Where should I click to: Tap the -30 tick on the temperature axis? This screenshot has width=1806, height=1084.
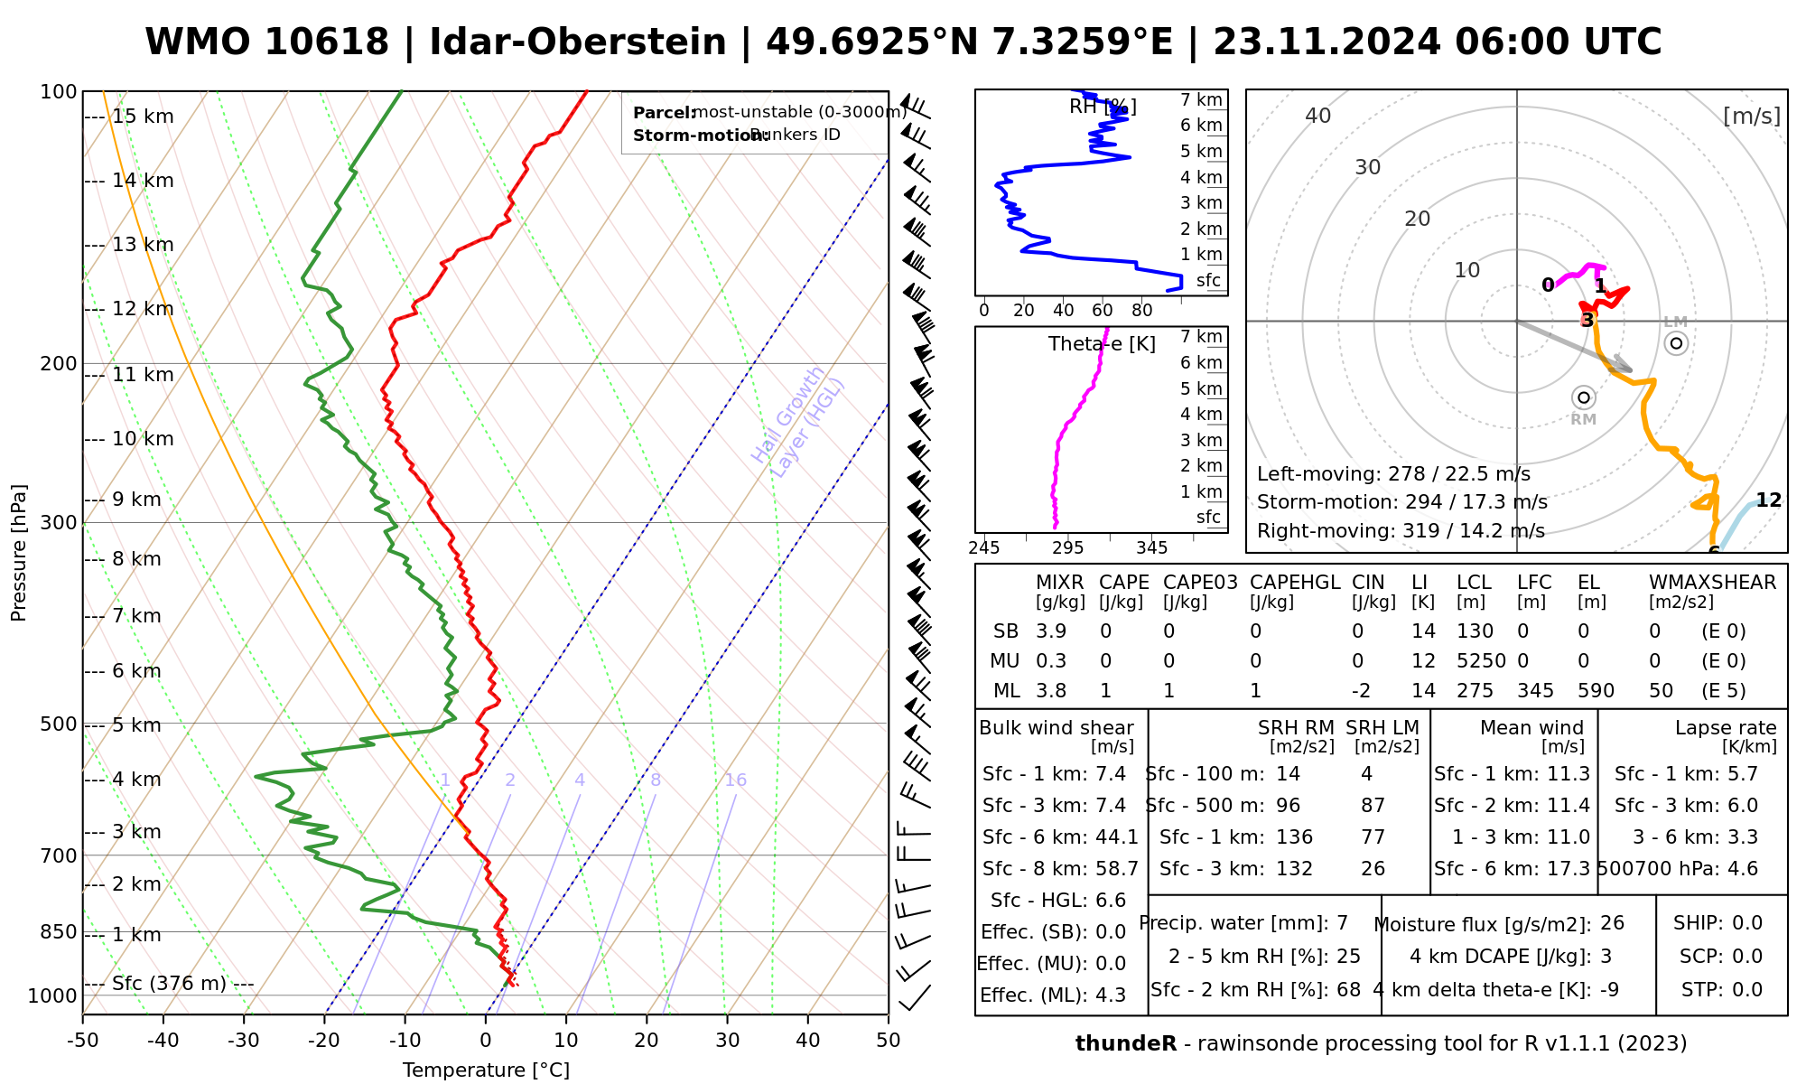(x=244, y=1041)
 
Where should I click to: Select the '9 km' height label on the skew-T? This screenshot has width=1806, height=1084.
(x=136, y=500)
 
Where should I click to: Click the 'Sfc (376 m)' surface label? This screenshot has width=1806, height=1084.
(x=169, y=984)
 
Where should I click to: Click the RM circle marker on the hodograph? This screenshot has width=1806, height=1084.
(x=1583, y=397)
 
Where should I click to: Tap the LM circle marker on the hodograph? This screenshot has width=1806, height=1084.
(x=1676, y=343)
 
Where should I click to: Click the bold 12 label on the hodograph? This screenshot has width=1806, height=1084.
(x=1768, y=500)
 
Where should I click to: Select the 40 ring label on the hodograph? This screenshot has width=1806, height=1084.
(x=1318, y=116)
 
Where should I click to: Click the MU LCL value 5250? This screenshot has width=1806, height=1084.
(x=1481, y=661)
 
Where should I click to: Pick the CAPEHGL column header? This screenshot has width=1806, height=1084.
(x=1295, y=583)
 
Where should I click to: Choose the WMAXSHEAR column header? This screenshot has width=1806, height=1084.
(x=1712, y=583)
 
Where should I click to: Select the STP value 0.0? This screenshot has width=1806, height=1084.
(x=1747, y=990)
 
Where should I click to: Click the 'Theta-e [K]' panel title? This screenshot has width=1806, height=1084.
(x=1102, y=344)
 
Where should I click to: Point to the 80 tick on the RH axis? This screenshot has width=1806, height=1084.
(x=1142, y=311)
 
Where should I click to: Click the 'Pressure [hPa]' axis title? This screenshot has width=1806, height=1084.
(x=19, y=553)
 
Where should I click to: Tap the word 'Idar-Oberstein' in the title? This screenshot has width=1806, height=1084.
(x=578, y=42)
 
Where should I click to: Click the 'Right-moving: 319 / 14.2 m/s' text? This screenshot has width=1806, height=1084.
(x=1401, y=531)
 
